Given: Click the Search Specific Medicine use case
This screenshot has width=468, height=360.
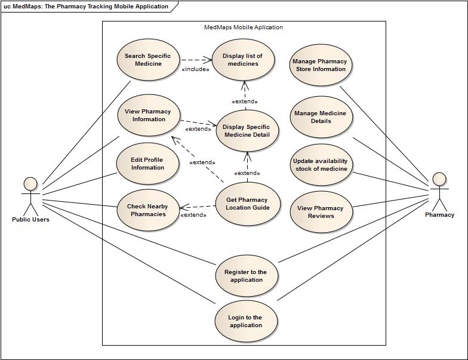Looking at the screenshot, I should pos(147,60).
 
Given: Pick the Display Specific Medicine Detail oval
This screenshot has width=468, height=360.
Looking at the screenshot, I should pos(246,130).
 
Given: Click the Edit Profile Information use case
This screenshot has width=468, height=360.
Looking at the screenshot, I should pos(147,164).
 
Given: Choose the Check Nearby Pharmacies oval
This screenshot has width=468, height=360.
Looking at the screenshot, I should pos(147,210).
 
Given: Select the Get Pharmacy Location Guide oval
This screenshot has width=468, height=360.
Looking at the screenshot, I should pos(247,204).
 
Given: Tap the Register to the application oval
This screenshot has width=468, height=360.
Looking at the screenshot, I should pos(245,276).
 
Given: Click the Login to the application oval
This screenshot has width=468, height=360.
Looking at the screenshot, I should pos(245,321).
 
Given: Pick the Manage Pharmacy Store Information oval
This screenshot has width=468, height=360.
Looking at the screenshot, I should pos(321,65).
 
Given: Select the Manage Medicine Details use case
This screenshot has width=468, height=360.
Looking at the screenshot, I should pos(321,117).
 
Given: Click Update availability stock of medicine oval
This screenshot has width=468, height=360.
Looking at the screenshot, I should pos(321,165).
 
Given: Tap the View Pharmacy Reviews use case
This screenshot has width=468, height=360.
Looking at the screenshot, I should pos(321,212).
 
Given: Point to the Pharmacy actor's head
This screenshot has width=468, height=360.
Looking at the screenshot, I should pos(439,179).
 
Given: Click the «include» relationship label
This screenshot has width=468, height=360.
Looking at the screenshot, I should pos(195,69).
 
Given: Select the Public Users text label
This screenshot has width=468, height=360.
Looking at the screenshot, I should pos(30,219).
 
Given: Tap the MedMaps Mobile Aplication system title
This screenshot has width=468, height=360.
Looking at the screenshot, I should pos(244,27).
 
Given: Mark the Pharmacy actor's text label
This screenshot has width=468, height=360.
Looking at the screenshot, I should pos(439,215).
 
